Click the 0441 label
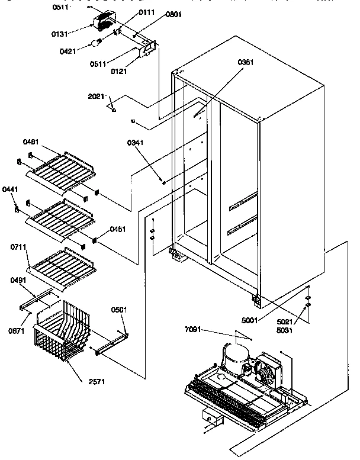point(10,189)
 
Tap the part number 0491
point(18,282)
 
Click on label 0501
point(119,310)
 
